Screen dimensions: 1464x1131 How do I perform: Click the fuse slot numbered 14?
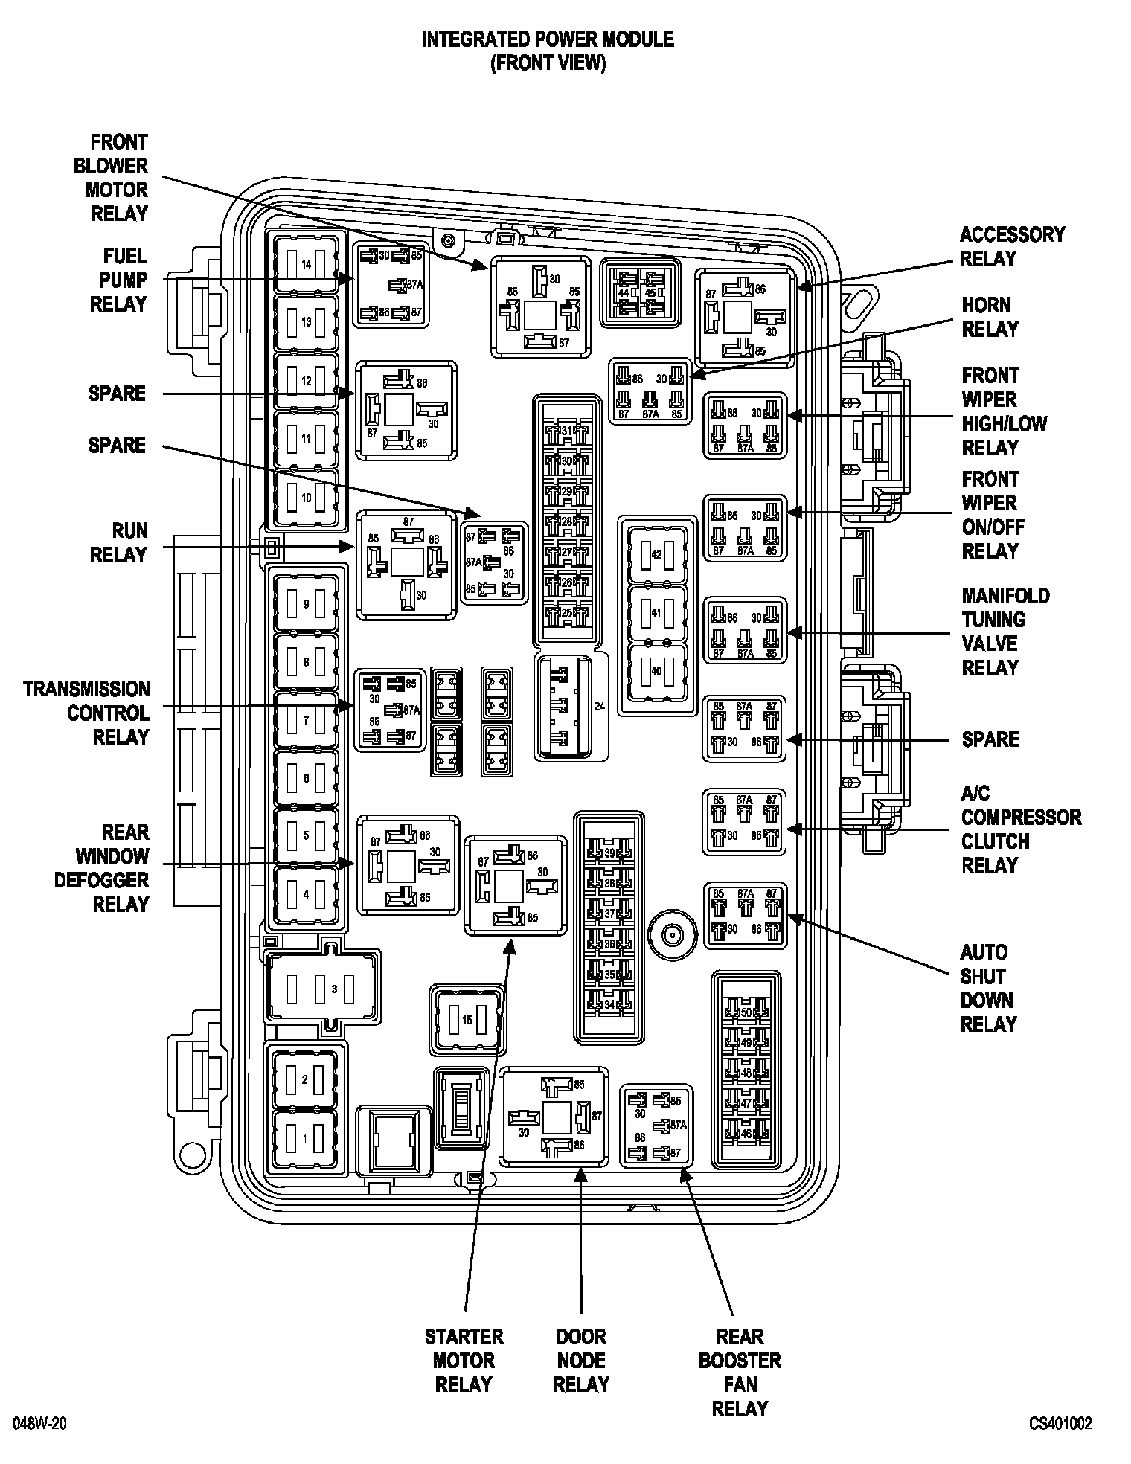tap(306, 264)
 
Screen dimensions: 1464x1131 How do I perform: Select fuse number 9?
tap(306, 604)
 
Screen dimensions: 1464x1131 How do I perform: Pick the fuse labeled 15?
tap(467, 1020)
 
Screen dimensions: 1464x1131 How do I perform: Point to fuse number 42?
tap(656, 555)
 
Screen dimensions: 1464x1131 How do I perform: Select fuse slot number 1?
tap(304, 1138)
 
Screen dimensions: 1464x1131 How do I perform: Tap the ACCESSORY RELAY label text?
tap(1012, 246)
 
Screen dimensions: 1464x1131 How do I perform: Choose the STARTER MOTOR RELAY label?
tap(464, 1360)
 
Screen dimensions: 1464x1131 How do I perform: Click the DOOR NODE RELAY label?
tap(581, 1360)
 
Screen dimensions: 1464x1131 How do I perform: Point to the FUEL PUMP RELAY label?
tap(118, 280)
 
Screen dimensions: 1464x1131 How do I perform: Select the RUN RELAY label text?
tap(118, 542)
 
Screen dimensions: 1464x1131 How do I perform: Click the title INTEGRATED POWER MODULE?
tap(548, 39)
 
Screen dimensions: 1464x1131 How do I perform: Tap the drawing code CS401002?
tap(1060, 1423)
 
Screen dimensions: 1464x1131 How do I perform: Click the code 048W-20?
tap(40, 1423)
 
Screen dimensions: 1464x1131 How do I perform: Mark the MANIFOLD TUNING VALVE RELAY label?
tap(1005, 632)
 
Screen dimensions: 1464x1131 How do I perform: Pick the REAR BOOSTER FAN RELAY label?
tap(740, 1372)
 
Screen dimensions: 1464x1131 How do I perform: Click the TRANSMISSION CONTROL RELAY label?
tap(86, 713)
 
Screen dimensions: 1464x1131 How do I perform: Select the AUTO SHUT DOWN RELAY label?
tap(987, 988)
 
